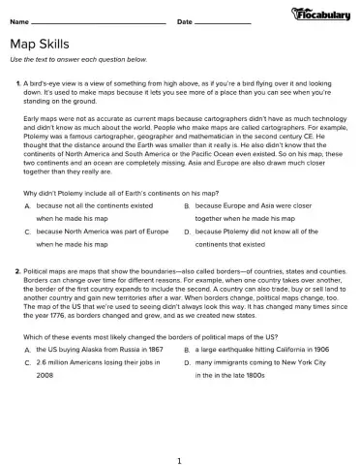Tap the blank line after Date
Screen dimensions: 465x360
pyautogui.click(x=223, y=21)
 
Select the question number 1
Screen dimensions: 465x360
pyautogui.click(x=18, y=85)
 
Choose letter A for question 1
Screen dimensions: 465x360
pyautogui.click(x=28, y=206)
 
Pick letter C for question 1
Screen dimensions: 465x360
pyautogui.click(x=28, y=232)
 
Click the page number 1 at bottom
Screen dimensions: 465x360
pyautogui.click(x=180, y=449)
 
